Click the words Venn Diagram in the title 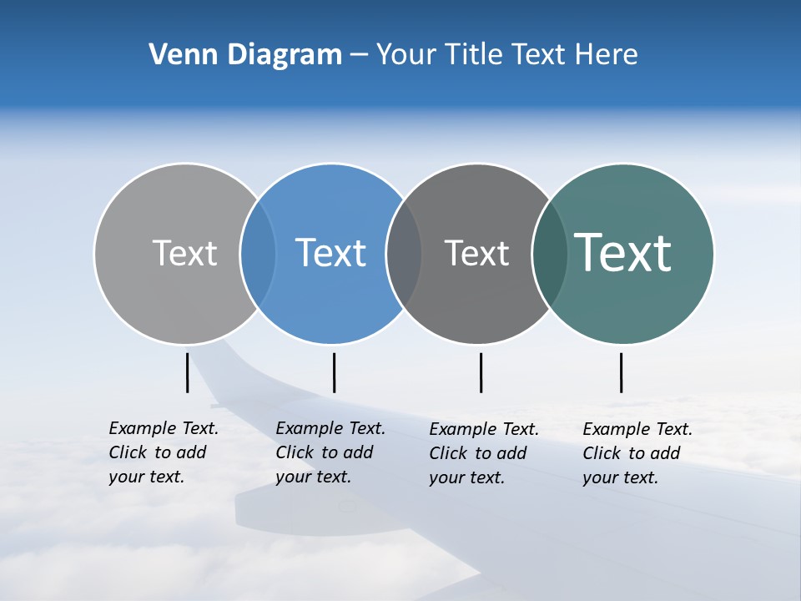coord(245,55)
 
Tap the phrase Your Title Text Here coord(506,55)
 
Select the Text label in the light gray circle coord(184,253)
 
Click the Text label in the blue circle coord(330,253)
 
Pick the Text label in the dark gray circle coord(476,253)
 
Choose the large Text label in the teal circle coord(623,253)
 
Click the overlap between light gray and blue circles coord(258,253)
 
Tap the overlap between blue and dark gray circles coord(404,253)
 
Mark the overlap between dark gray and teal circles coord(550,253)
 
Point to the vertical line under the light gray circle coord(187,372)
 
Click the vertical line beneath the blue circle coord(334,372)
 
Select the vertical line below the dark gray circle coord(481,372)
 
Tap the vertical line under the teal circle coord(621,372)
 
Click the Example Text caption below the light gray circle coord(164,452)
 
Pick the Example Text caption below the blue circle coord(330,452)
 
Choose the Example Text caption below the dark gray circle coord(484,453)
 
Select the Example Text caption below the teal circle coord(637,453)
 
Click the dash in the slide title coord(359,55)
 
